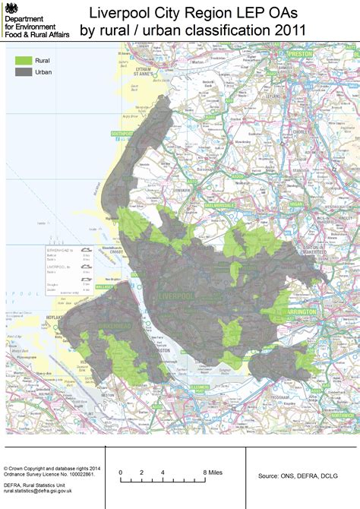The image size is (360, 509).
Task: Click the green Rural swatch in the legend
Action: point(24,59)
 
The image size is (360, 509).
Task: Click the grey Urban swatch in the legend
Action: point(24,72)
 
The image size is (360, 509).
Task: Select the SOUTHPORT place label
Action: point(123,134)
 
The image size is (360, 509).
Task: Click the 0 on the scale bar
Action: point(121,473)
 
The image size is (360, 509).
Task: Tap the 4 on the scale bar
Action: point(163,473)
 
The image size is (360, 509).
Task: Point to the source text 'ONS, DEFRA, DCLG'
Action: point(307,476)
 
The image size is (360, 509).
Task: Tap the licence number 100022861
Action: point(75,475)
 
